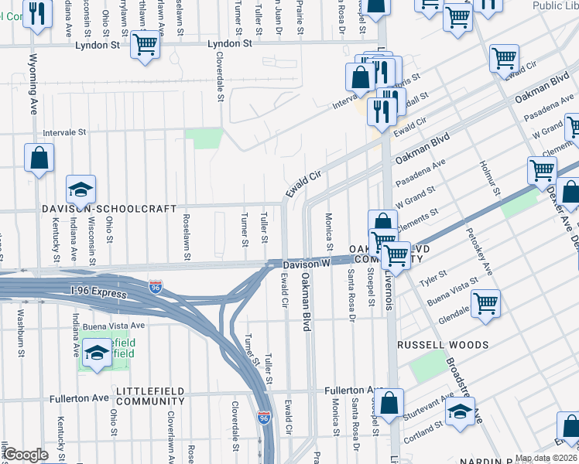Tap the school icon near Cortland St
click(460, 412)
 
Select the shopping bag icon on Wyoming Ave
click(39, 158)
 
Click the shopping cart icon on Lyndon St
click(144, 46)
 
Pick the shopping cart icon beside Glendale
click(486, 302)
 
